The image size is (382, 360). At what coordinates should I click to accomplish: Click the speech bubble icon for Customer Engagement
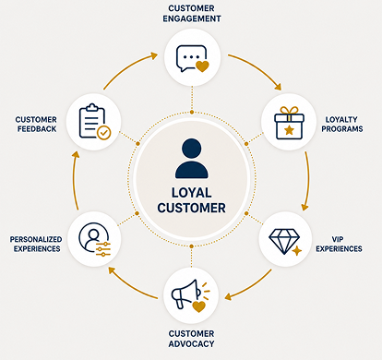(192, 58)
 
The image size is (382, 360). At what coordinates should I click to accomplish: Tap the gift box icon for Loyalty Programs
(289, 123)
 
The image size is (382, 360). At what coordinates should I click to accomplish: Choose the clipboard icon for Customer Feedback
(95, 122)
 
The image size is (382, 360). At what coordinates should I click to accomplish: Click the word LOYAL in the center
(192, 193)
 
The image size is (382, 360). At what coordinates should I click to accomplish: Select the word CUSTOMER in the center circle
(191, 208)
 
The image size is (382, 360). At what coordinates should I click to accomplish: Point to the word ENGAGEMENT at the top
(192, 18)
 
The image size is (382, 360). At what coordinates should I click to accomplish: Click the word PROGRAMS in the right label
(342, 129)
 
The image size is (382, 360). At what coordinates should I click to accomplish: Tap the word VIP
(338, 239)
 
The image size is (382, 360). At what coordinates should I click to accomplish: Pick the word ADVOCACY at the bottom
(191, 343)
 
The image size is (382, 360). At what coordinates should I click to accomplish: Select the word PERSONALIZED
(36, 239)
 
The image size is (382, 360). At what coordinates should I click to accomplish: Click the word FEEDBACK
(37, 129)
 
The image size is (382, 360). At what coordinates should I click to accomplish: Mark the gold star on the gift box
(289, 130)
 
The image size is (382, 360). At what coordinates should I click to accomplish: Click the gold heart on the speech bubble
(202, 66)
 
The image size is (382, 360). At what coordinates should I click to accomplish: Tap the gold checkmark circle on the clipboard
(104, 133)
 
